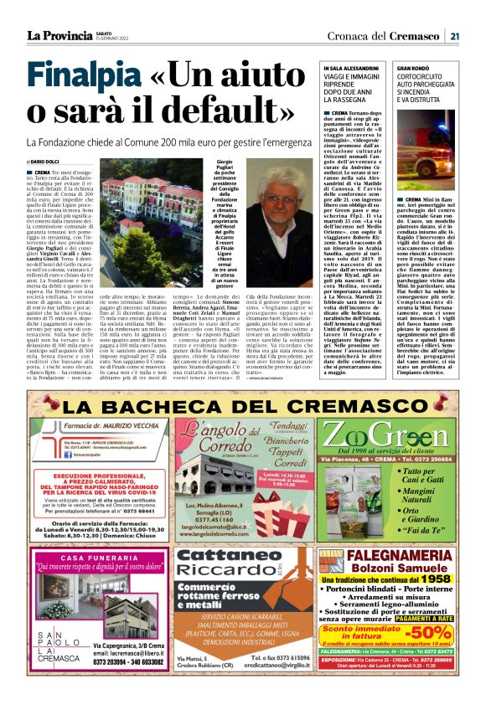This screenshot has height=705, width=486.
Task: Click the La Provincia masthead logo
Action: [59, 35]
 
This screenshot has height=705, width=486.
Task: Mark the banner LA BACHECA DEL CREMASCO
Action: [242, 406]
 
